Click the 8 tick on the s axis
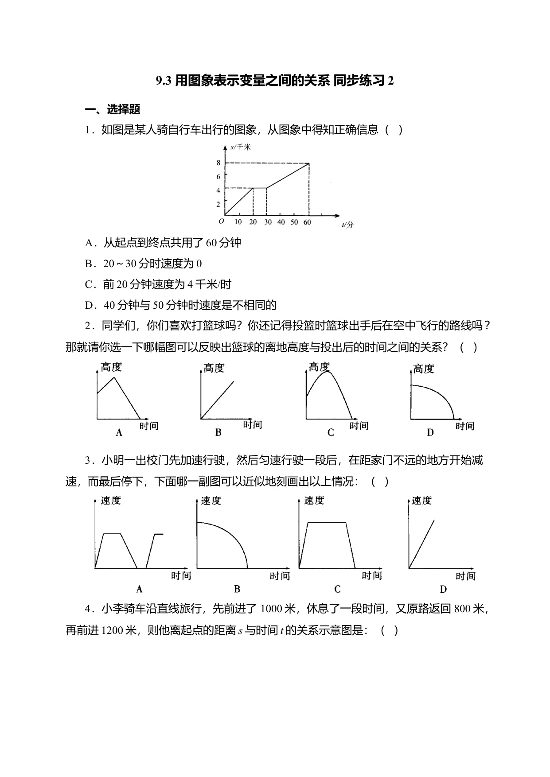tap(218, 163)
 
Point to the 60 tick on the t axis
tap(307, 222)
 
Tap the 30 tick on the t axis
tap(267, 222)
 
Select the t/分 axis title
tap(347, 225)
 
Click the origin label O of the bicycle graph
tap(221, 221)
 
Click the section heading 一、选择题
tap(113, 109)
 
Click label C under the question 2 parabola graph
tap(331, 433)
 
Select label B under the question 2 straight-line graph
tap(218, 433)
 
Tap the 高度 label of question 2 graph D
tap(423, 369)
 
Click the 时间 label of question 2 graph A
tap(149, 426)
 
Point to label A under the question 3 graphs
tap(139, 589)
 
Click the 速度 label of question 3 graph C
tap(314, 501)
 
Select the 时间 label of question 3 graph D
tap(465, 576)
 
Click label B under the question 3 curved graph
tap(237, 589)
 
